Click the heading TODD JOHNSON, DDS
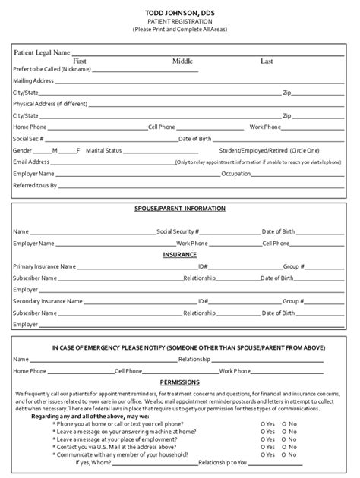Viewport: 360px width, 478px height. tap(180, 13)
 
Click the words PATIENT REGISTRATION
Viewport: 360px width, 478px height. tap(180, 21)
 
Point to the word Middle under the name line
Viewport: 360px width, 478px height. tap(183, 61)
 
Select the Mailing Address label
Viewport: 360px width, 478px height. tap(33, 80)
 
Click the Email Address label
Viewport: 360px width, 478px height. tap(31, 162)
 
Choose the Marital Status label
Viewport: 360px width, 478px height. tap(103, 150)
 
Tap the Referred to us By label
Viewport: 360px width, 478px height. tap(35, 185)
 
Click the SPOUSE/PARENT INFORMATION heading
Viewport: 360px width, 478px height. tap(180, 208)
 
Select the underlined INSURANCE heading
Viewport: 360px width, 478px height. tap(180, 255)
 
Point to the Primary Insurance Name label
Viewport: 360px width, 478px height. tap(45, 266)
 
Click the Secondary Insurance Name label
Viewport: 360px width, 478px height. tap(48, 301)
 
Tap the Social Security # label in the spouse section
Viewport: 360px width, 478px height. tap(178, 231)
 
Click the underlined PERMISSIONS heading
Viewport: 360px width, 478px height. tap(180, 382)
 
